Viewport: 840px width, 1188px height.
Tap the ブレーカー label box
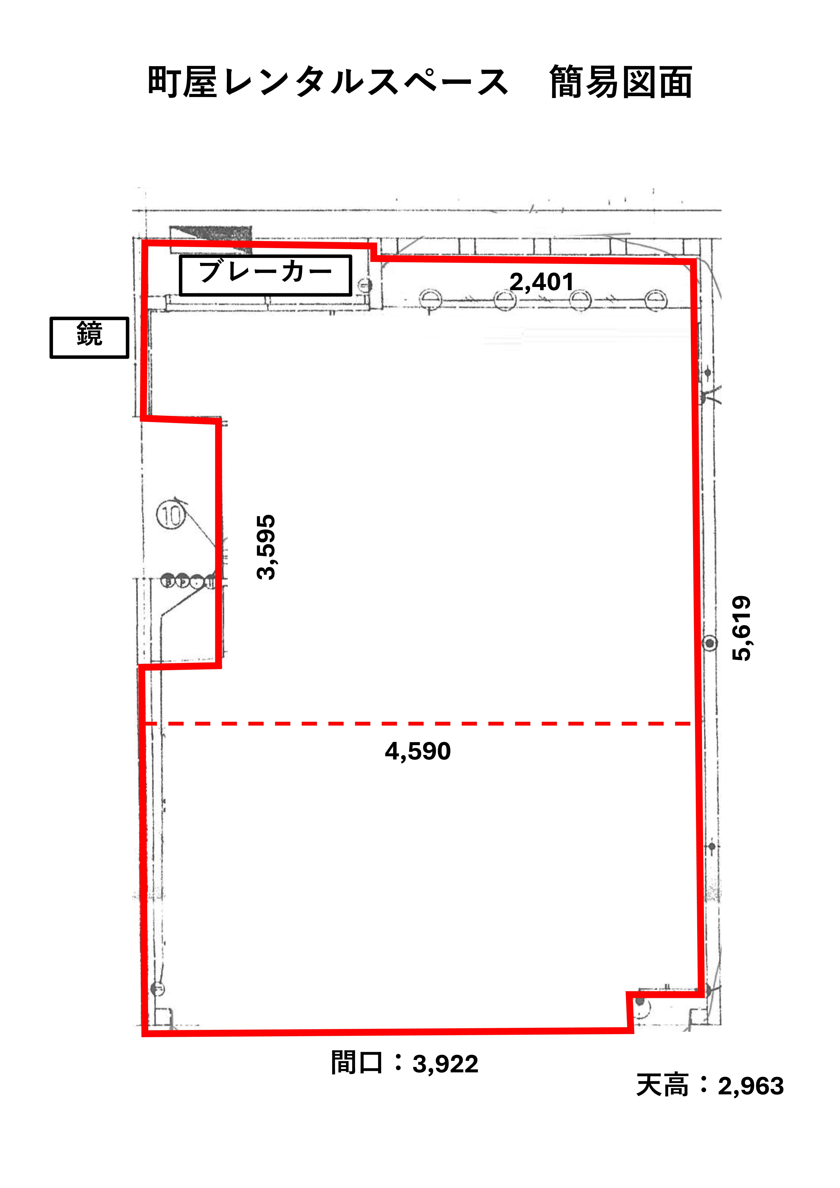coord(265,275)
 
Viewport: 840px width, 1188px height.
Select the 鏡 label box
coord(89,337)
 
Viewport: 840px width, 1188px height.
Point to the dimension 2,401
coord(542,282)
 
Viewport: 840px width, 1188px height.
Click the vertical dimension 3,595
coord(267,547)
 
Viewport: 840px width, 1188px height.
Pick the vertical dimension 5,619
coord(741,629)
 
